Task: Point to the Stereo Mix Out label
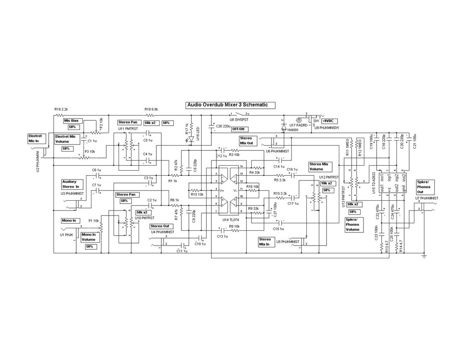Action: [x=246, y=141]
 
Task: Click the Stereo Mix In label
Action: [x=266, y=242]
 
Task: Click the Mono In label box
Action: [x=69, y=221]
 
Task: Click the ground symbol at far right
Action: [x=425, y=256]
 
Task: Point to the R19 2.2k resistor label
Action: [x=61, y=109]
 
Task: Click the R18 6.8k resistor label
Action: [x=151, y=109]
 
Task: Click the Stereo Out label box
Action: [x=159, y=226]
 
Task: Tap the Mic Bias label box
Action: [x=72, y=121]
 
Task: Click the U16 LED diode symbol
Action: [x=191, y=138]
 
